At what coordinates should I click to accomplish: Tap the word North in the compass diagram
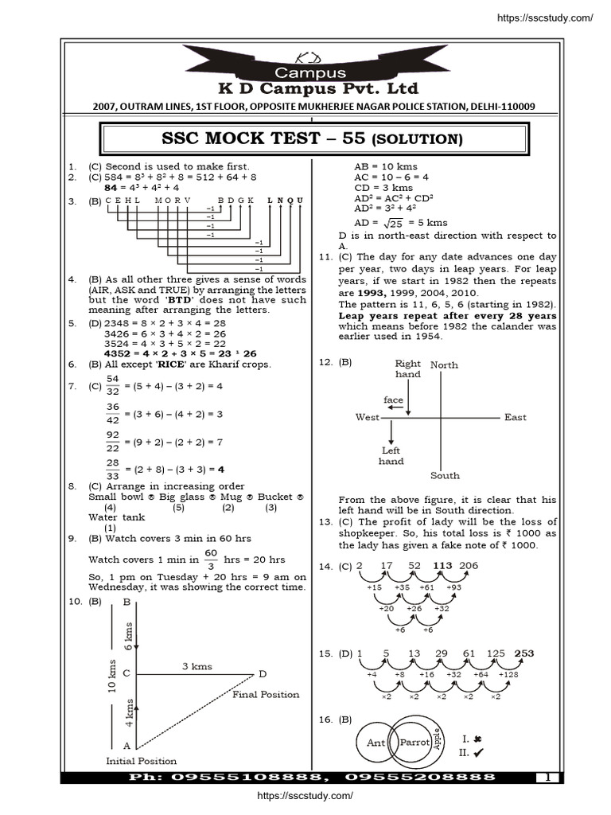(444, 365)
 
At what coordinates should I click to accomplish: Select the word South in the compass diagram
(445, 476)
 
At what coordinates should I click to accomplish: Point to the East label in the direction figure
(515, 417)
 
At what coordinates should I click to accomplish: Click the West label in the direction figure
(368, 417)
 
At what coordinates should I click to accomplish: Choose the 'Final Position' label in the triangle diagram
(266, 694)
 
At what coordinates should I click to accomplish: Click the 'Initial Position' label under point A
(142, 761)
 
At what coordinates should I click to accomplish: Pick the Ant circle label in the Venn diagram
(376, 743)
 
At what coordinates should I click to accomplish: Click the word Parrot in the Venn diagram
(414, 743)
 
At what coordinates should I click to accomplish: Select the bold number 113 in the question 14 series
(443, 566)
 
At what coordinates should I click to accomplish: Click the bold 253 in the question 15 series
(524, 653)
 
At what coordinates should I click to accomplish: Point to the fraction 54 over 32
(112, 384)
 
